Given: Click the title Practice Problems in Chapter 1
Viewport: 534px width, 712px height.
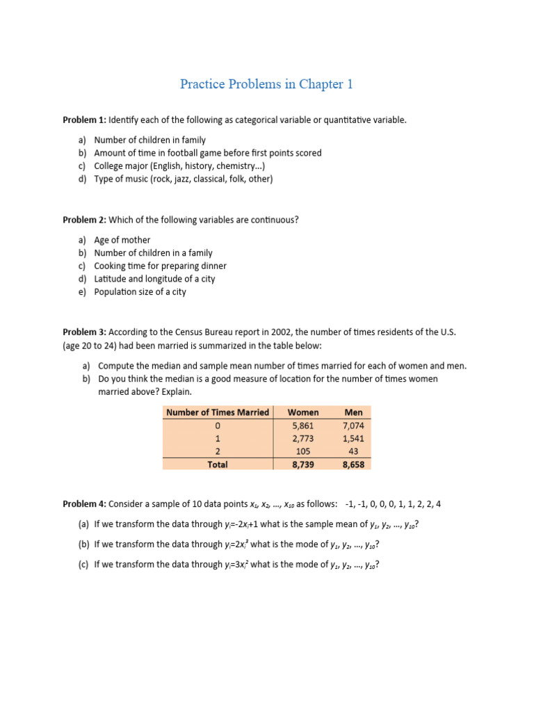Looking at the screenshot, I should (266, 84).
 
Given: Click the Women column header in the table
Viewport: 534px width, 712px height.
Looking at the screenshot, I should (303, 412).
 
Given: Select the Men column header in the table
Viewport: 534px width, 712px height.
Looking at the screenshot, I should (353, 412).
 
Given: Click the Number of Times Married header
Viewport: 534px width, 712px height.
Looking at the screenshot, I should (218, 412).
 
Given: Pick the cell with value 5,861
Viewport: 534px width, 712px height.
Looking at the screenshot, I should (303, 426).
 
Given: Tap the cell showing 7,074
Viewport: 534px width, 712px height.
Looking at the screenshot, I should (353, 426).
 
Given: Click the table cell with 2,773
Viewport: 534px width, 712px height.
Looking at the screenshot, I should (303, 439).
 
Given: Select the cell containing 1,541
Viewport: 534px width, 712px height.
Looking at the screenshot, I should (353, 439).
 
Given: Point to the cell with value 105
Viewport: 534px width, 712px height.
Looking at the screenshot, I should (303, 451).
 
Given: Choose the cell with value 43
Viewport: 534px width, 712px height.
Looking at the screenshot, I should (353, 451).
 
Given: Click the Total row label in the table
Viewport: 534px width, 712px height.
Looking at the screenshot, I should (218, 464).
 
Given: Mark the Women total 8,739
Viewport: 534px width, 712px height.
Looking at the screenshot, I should (303, 464).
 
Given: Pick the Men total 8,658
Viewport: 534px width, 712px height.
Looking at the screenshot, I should (353, 464).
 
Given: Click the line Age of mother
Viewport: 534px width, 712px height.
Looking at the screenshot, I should (122, 240).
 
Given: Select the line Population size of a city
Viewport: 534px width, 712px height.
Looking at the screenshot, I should (140, 292).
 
